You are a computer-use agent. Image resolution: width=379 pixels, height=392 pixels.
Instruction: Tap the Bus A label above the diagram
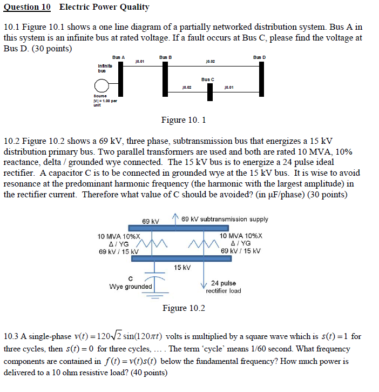pyautogui.click(x=118, y=57)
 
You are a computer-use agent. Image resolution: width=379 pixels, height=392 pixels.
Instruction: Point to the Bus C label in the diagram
pyautogui.click(x=208, y=79)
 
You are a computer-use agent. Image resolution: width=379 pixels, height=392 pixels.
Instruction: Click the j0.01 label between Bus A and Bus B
pyautogui.click(x=139, y=62)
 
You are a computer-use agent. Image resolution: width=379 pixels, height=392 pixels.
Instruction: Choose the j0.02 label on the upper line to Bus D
pyautogui.click(x=211, y=62)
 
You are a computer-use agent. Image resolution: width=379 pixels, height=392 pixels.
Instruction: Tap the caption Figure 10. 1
pyautogui.click(x=184, y=120)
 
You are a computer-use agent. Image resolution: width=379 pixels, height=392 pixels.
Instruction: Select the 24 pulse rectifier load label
pyautogui.click(x=223, y=287)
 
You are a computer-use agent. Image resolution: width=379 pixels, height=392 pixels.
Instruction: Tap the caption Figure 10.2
pyautogui.click(x=184, y=308)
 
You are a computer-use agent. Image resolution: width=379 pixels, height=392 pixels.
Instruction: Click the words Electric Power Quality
pyautogui.click(x=104, y=8)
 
